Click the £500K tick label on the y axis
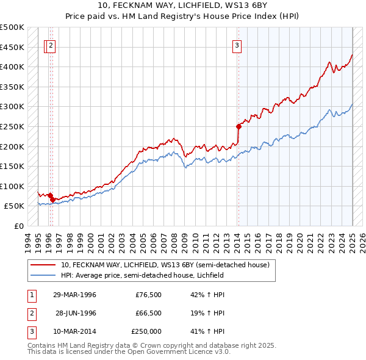pos(12,27)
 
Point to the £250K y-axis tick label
pos(12,126)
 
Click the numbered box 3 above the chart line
pos(237,44)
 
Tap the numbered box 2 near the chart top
pos(51,44)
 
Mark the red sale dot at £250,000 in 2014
pos(239,126)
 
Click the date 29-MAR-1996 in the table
pos(74,295)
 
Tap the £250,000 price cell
pos(146,331)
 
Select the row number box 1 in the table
pos(31,295)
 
